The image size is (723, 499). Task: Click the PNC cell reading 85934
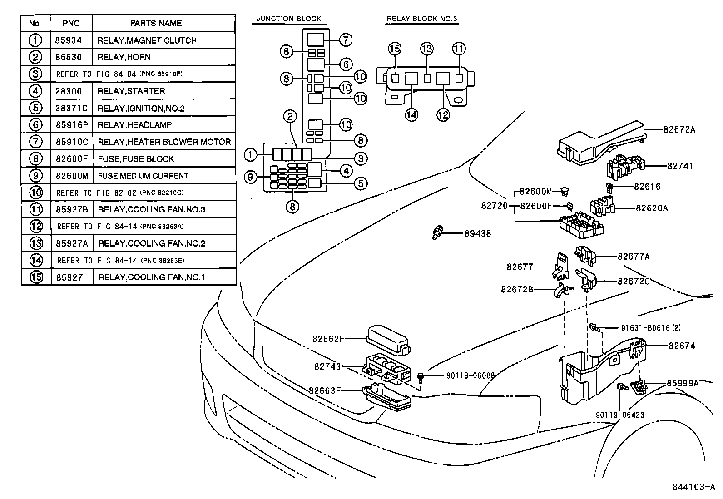[x=69, y=40]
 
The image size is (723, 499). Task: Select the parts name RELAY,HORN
[x=124, y=57]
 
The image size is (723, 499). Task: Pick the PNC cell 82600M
[x=71, y=176]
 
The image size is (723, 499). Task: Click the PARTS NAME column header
[x=156, y=23]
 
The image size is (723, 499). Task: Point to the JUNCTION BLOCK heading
[x=288, y=19]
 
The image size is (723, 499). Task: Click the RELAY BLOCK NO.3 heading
[x=422, y=19]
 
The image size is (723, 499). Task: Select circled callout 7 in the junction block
[x=345, y=40]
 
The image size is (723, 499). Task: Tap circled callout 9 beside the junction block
[x=251, y=176]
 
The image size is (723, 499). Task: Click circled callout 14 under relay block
[x=411, y=114]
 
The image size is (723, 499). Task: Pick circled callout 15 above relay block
[x=395, y=49]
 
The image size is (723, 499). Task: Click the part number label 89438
[x=477, y=234]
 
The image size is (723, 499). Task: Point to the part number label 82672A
[x=679, y=129]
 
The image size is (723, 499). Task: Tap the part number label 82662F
[x=328, y=338]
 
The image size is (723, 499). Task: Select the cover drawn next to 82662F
[x=387, y=338]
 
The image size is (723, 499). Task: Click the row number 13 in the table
[x=36, y=243]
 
